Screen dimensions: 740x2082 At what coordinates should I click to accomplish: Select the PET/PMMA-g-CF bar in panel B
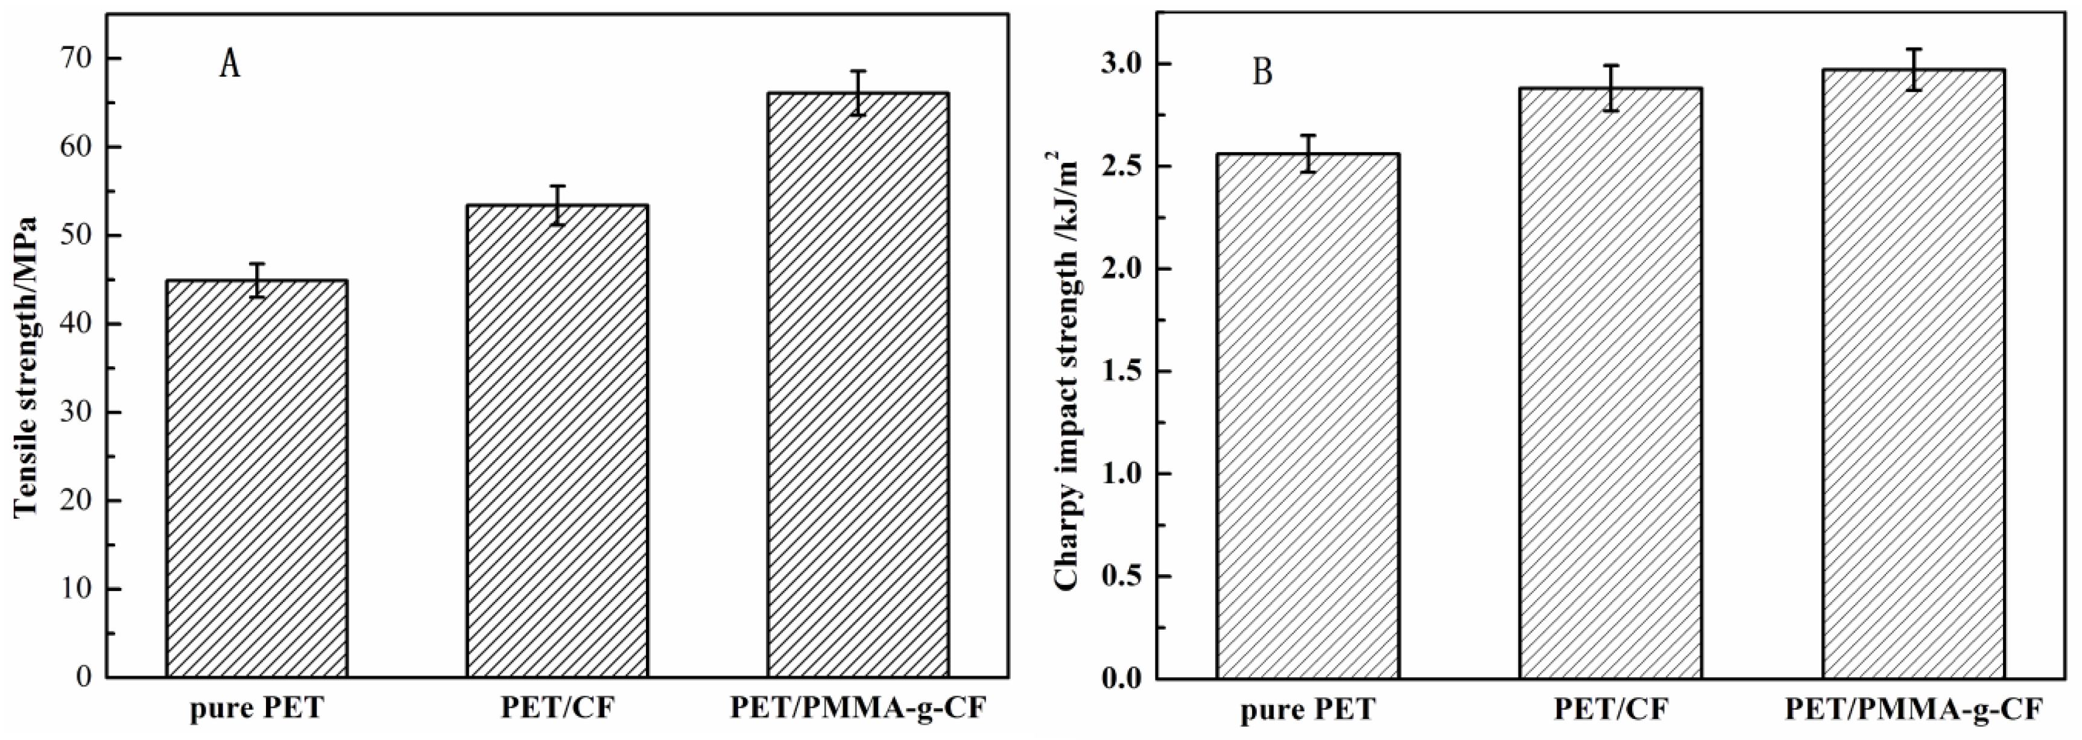[x=1913, y=373]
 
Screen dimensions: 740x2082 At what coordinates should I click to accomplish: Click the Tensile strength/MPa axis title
[x=27, y=366]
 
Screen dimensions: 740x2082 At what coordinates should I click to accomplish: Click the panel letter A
[x=230, y=65]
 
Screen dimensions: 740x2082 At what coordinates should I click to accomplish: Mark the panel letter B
[x=1262, y=72]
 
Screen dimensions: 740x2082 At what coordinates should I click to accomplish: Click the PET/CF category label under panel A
[x=557, y=709]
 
